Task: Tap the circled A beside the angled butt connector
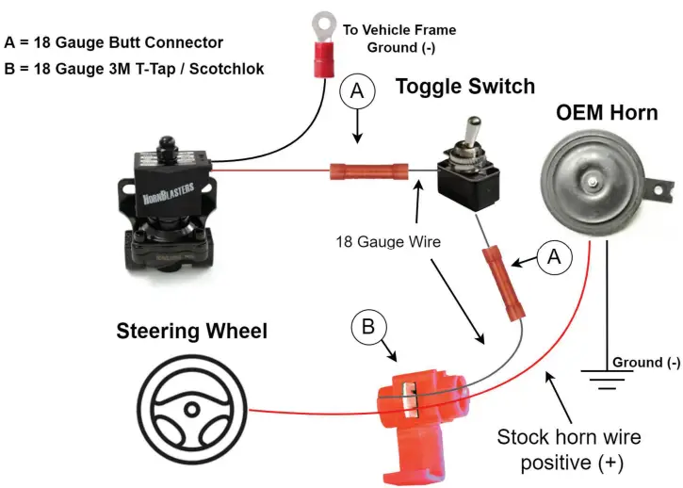point(555,255)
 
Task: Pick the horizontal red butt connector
point(367,172)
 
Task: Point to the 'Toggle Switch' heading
point(464,87)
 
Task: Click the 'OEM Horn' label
point(607,113)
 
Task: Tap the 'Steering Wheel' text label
point(191,332)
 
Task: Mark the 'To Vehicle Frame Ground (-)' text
point(398,39)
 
